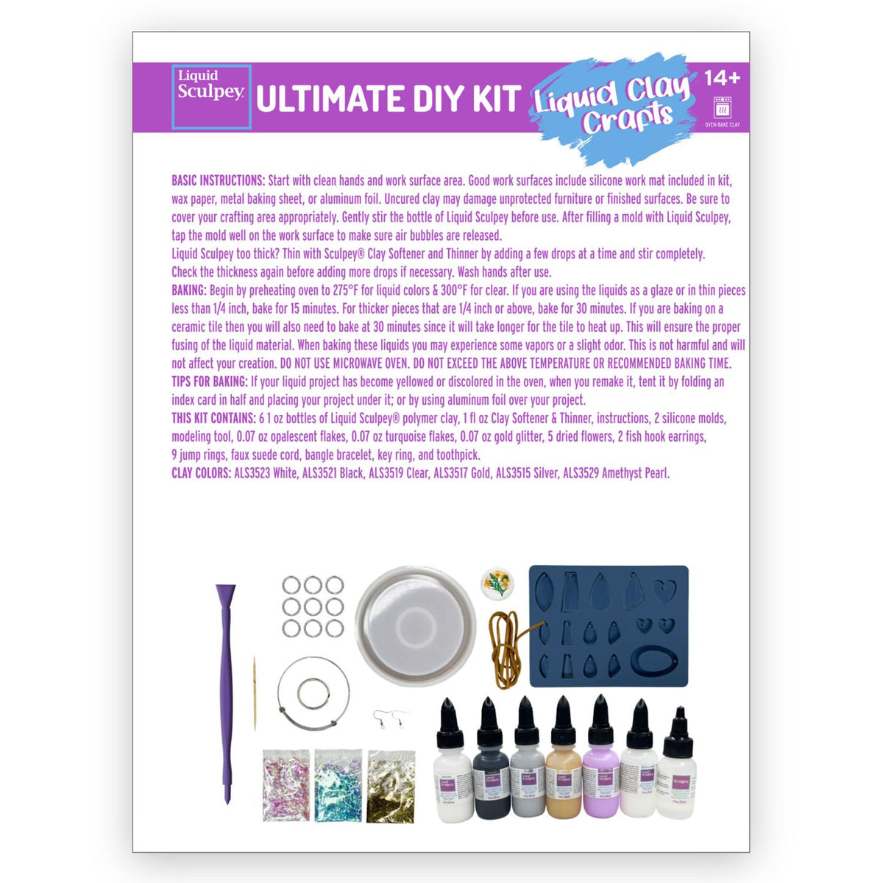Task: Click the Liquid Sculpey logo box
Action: [x=211, y=96]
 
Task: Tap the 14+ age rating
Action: [x=722, y=77]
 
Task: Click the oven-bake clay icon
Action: [x=722, y=107]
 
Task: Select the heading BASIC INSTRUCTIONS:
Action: [x=218, y=180]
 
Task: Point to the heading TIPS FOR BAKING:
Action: [x=209, y=382]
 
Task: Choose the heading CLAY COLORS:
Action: [x=201, y=473]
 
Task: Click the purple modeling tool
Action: [x=225, y=692]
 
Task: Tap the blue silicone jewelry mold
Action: [x=609, y=625]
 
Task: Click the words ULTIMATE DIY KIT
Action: [x=389, y=99]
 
